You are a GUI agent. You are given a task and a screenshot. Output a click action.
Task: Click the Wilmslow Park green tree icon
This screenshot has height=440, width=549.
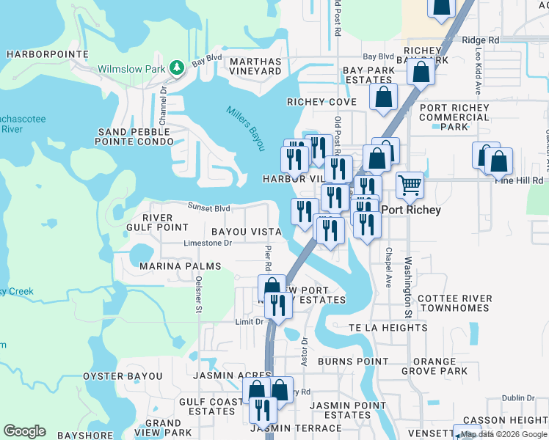(x=176, y=68)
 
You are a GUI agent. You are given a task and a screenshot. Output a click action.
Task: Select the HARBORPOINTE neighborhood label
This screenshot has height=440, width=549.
(x=37, y=54)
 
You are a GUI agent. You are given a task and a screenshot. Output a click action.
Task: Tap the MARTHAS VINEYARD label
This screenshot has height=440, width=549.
(x=255, y=66)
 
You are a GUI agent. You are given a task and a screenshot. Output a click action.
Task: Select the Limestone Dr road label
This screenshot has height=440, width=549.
(x=208, y=243)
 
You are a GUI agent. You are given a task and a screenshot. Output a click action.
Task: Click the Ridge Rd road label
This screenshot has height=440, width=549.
(x=481, y=40)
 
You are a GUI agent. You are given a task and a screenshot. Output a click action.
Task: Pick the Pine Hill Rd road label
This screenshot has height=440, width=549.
(x=523, y=180)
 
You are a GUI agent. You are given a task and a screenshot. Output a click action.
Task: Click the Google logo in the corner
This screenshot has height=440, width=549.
(x=24, y=431)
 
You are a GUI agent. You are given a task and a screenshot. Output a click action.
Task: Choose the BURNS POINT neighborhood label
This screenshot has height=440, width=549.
(x=352, y=362)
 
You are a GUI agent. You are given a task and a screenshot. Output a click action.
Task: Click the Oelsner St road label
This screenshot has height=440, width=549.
(x=198, y=294)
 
